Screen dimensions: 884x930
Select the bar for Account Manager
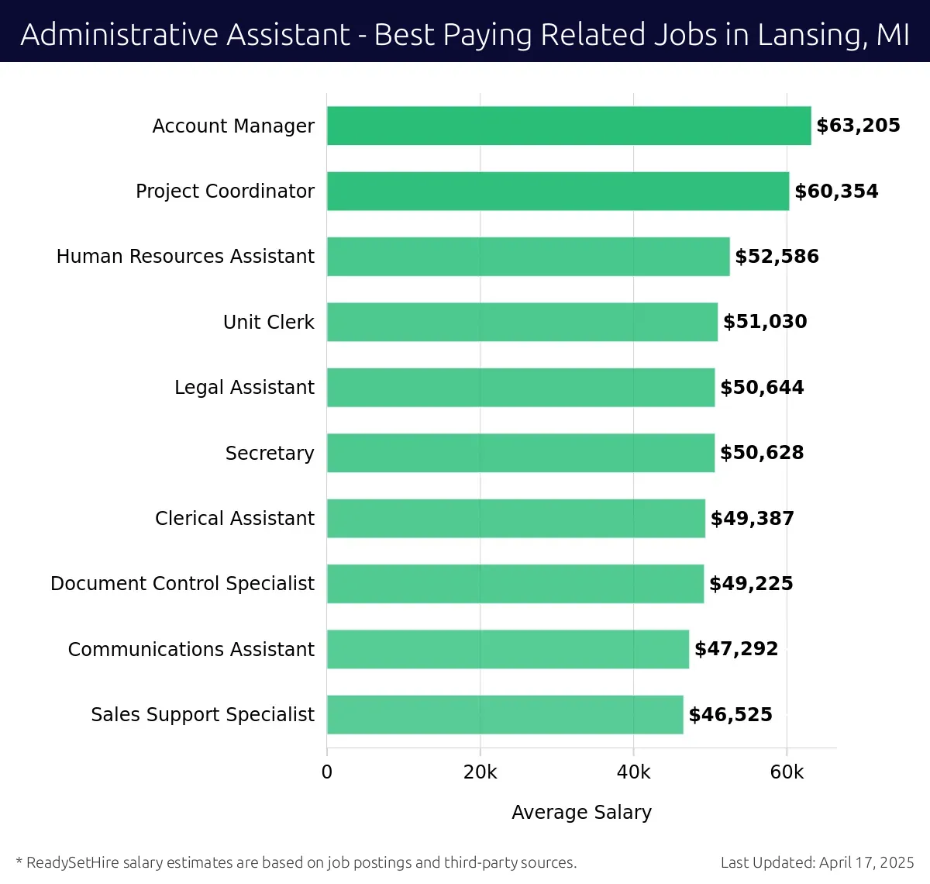point(569,126)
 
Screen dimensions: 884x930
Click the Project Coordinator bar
point(558,191)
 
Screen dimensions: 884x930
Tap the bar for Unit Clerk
point(522,322)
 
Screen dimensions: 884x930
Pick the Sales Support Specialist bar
point(505,714)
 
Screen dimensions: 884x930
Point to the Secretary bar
point(521,453)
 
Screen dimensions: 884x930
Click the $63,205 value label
point(858,126)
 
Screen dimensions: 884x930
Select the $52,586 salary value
point(777,257)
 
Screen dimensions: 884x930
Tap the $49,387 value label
point(752,518)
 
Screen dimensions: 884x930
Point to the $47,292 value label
point(735,649)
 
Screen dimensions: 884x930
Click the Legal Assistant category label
point(244,387)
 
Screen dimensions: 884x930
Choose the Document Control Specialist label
point(182,583)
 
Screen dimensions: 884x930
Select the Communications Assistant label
point(191,649)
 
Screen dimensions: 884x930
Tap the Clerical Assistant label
point(234,518)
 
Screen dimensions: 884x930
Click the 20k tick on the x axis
point(480,772)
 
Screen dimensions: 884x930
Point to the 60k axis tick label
point(787,772)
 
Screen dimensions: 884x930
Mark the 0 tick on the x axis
point(327,772)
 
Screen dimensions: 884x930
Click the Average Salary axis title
point(581,812)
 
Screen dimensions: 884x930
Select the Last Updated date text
point(817,862)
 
